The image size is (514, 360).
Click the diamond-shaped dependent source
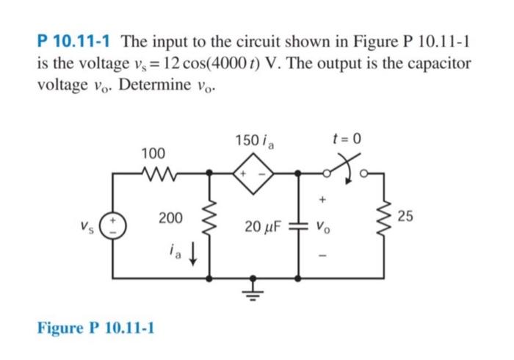click(253, 175)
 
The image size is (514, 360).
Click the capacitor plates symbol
click(299, 225)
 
